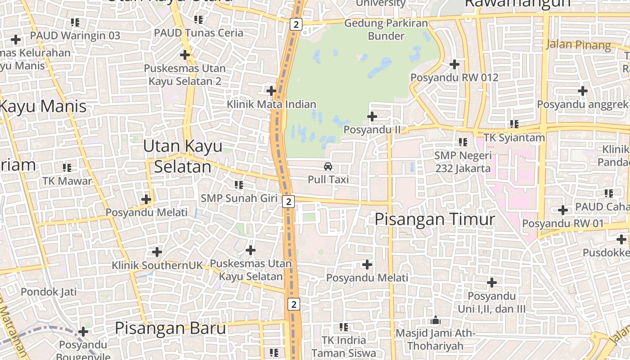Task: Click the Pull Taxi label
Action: tap(328, 179)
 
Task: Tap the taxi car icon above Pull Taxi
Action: tap(328, 166)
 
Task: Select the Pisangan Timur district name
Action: tap(435, 219)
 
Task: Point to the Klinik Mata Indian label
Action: tap(271, 104)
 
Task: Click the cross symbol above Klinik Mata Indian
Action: tap(271, 91)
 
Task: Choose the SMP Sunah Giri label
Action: tap(239, 198)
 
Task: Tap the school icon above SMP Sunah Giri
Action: tap(239, 184)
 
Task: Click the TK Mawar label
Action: tap(67, 181)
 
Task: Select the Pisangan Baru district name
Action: tap(170, 328)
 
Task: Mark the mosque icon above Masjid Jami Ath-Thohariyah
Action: tap(435, 320)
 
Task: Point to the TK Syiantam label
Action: tap(514, 137)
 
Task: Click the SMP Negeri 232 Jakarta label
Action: tap(463, 162)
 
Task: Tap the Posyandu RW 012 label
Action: tap(454, 77)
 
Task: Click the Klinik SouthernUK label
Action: tap(157, 265)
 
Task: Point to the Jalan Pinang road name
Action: tap(579, 45)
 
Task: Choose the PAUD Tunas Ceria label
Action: tap(198, 33)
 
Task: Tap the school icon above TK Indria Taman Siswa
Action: tap(344, 327)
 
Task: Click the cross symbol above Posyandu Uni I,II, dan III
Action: tap(492, 283)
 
